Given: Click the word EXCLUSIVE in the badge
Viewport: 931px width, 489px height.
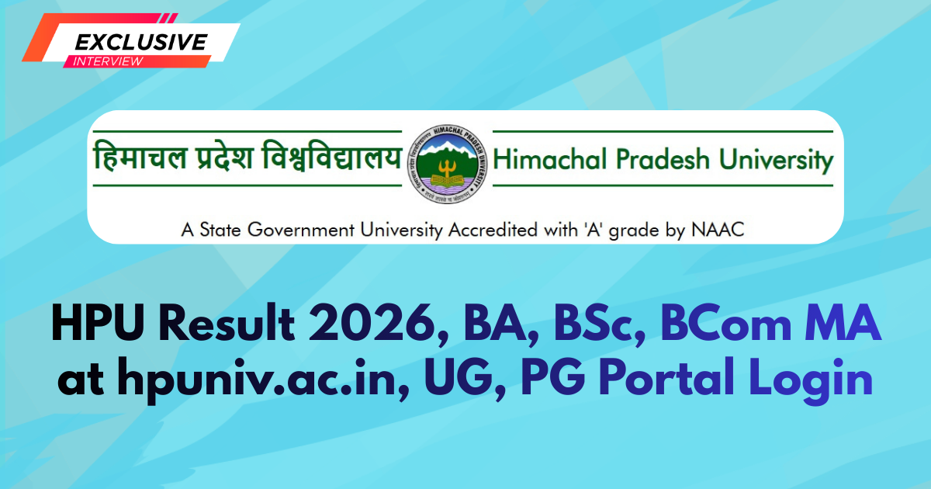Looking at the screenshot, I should coord(140,41).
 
